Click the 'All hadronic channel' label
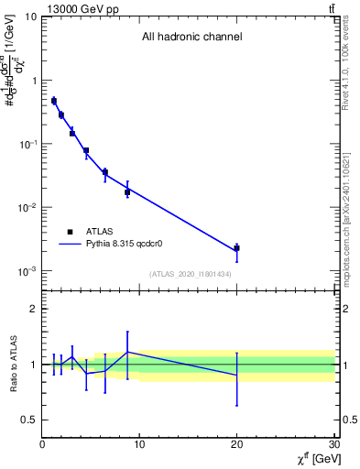pos(191,38)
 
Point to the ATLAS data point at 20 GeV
pos(236,248)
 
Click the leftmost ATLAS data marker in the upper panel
pos(54,101)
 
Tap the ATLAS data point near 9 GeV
pos(127,192)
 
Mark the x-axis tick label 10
pos(139,445)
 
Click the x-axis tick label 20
pos(236,445)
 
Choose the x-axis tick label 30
pos(333,445)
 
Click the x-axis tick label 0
pos(42,445)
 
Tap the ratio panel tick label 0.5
pos(29,420)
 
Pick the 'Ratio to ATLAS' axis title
pos(14,364)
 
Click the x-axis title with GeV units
pos(311,458)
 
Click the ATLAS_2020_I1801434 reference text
pos(190,275)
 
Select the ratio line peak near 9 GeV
pos(127,352)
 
